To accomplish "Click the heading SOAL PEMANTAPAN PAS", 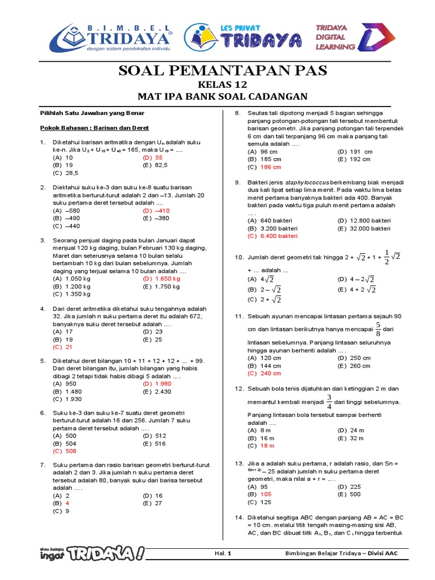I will tap(222, 70).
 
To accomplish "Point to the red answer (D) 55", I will tap(152, 157).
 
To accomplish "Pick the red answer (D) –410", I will tap(156, 210).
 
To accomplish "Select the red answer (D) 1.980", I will tap(157, 383).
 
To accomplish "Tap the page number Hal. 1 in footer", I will tap(224, 553).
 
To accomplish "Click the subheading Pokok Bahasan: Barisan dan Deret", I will tap(94, 128).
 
